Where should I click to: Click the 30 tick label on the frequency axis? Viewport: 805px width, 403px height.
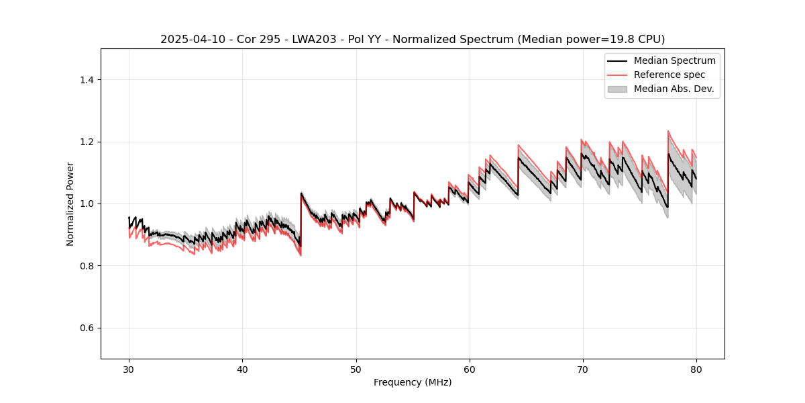[129, 369]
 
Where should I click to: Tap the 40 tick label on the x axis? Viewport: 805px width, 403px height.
[242, 369]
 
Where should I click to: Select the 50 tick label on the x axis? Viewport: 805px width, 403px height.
[356, 369]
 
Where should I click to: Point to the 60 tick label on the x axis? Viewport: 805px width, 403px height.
[469, 369]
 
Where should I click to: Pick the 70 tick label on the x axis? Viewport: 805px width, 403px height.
[582, 369]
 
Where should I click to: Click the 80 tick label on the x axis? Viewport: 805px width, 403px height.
[696, 369]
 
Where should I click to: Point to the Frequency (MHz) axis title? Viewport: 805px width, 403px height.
[413, 382]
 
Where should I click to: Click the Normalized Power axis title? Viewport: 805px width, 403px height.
[70, 204]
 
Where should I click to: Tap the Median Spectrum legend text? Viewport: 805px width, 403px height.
[674, 60]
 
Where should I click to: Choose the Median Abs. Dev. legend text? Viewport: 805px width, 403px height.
[674, 89]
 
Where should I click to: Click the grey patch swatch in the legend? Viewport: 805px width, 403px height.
[617, 89]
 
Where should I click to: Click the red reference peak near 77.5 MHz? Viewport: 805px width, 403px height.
[668, 131]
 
